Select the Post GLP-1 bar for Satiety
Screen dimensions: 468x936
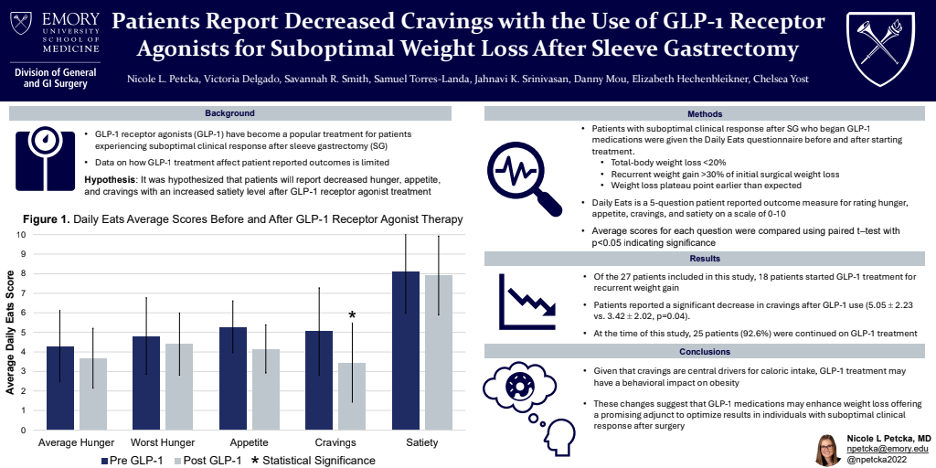pos(438,352)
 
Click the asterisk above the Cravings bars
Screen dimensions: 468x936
pos(352,316)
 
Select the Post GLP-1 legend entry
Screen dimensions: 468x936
pos(207,460)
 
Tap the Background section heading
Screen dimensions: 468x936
pos(230,113)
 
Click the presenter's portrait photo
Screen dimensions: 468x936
pos(827,449)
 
